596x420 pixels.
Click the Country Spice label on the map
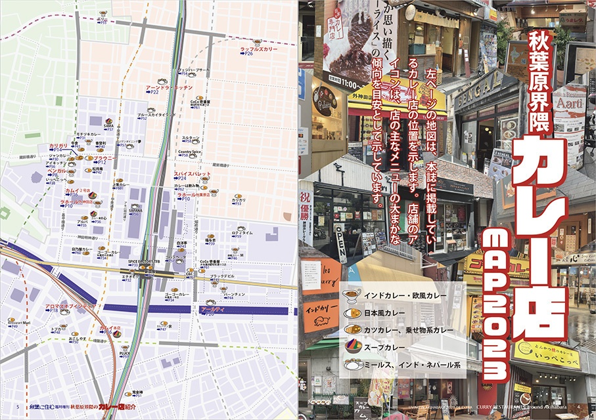pyautogui.click(x=189, y=152)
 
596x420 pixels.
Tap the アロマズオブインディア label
pyautogui.click(x=70, y=306)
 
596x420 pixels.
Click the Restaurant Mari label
pyautogui.click(x=20, y=324)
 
